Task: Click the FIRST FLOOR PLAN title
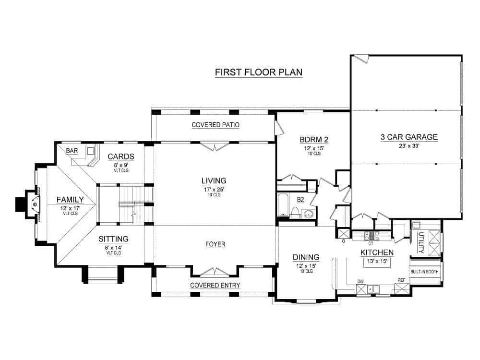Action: coord(258,72)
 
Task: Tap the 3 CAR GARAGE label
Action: coord(409,137)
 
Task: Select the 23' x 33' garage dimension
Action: coord(409,146)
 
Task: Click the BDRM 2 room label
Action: coord(313,140)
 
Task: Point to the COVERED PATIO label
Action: coord(216,125)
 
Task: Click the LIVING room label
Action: coord(214,180)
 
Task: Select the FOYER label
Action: coord(215,244)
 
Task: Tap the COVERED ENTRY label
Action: coord(215,285)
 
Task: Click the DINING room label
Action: coord(306,257)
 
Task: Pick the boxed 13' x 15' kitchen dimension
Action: coord(377,262)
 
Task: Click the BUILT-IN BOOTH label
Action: coord(424,271)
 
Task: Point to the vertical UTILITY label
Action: coord(420,242)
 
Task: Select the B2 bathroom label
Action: coord(300,199)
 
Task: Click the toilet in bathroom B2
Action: coord(296,213)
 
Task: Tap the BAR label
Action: coord(72,151)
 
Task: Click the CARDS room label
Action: coord(118,156)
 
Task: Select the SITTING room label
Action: coord(114,239)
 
